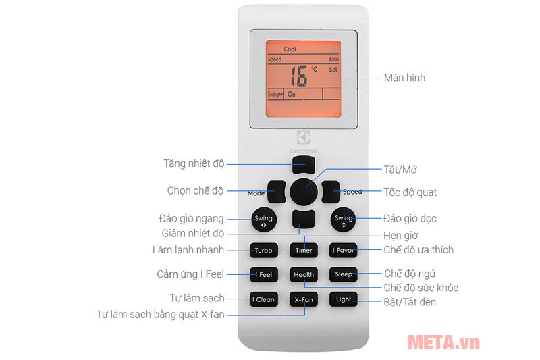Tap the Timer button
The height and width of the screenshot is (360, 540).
pyautogui.click(x=304, y=250)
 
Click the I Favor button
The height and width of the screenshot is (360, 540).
pyautogui.click(x=343, y=250)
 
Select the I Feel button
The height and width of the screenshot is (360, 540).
pyautogui.click(x=263, y=275)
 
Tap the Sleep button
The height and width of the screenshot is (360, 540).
pyautogui.click(x=343, y=274)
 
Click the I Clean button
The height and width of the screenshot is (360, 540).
pyautogui.click(x=263, y=299)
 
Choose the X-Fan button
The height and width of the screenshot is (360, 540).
pyautogui.click(x=304, y=299)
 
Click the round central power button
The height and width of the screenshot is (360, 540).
pyautogui.click(x=304, y=192)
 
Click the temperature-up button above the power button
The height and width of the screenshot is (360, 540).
pyautogui.click(x=304, y=166)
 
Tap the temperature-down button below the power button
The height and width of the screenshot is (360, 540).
pyautogui.click(x=304, y=217)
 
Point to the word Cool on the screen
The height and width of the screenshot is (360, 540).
pyautogui.click(x=290, y=49)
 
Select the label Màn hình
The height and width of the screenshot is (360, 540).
pyautogui.click(x=404, y=78)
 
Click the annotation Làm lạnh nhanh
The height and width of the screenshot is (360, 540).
pyautogui.click(x=188, y=250)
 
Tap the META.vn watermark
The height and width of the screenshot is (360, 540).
pyautogui.click(x=443, y=342)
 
